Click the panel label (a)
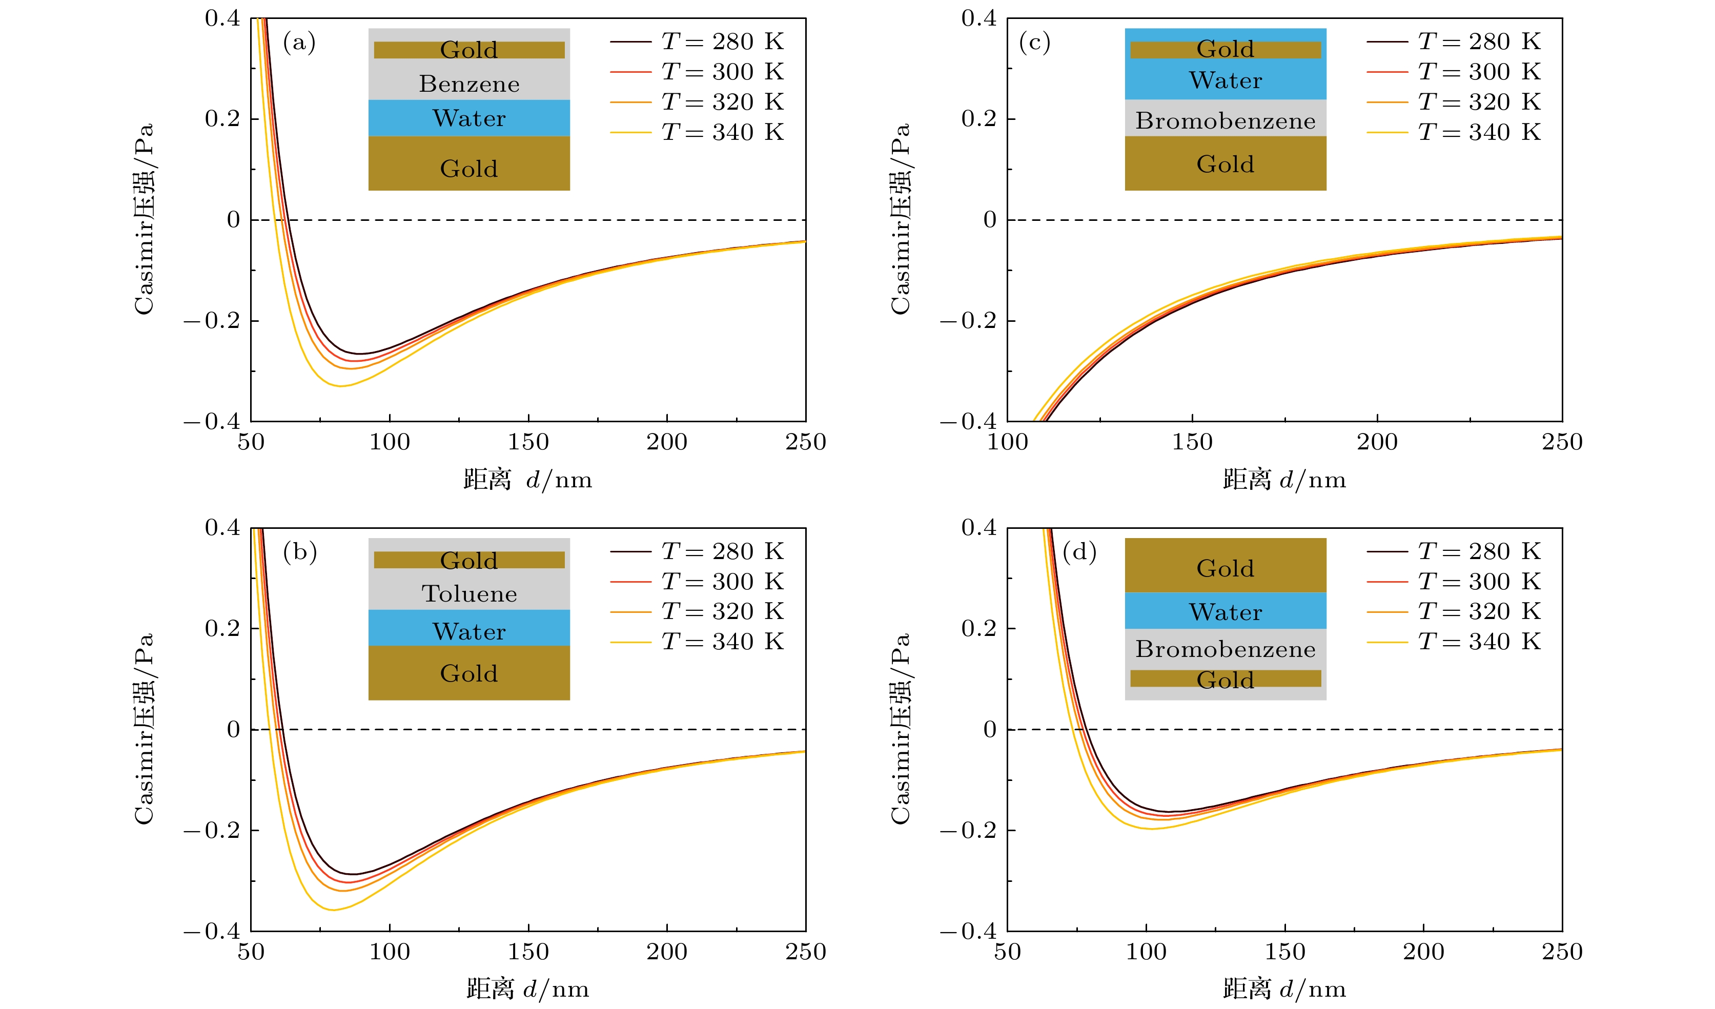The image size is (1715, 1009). tap(299, 43)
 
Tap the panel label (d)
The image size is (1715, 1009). tap(1079, 552)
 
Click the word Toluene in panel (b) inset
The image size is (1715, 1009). tap(469, 594)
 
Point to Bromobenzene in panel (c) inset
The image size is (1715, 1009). tap(1225, 121)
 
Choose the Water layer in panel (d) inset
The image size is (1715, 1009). tap(1225, 612)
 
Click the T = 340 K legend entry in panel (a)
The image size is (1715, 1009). tap(698, 132)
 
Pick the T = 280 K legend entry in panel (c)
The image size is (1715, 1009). tap(1454, 42)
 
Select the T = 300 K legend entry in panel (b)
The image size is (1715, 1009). tap(698, 582)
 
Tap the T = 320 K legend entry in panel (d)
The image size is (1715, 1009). tap(1454, 612)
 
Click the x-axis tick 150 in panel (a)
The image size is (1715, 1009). tap(528, 442)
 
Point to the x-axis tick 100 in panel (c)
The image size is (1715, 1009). tap(1007, 442)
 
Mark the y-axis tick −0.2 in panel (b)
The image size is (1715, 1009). tap(212, 831)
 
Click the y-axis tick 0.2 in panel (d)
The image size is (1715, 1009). tap(978, 628)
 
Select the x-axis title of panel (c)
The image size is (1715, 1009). tap(1284, 480)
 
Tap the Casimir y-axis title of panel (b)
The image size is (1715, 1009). tap(144, 729)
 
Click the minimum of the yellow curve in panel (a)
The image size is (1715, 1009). tap(340, 386)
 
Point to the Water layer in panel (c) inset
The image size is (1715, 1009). tap(1225, 80)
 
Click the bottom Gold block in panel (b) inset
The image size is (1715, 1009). tap(469, 673)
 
